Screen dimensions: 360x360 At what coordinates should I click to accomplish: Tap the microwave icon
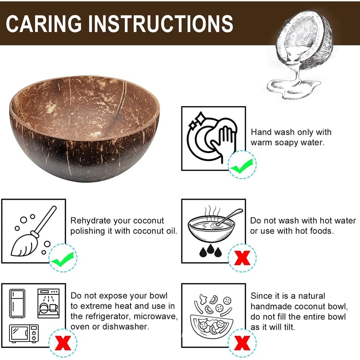(x=24, y=333)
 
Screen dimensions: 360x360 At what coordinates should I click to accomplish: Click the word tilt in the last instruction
(x=288, y=327)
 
